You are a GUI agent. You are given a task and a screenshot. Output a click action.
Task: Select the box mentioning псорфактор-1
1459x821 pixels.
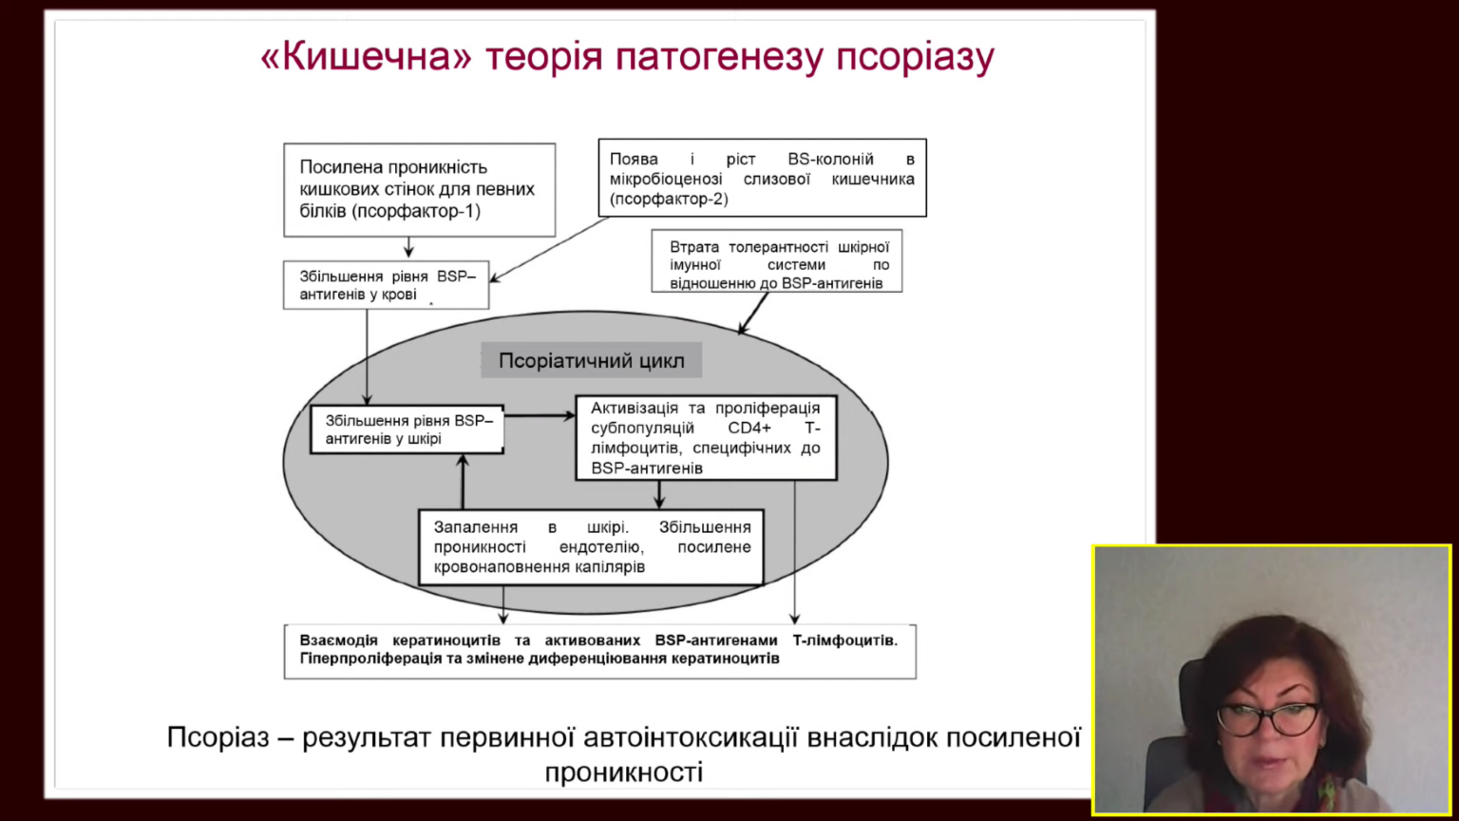click(420, 190)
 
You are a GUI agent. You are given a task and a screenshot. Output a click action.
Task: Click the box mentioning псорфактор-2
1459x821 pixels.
click(762, 178)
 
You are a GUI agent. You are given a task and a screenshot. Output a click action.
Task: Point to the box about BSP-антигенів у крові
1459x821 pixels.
click(387, 285)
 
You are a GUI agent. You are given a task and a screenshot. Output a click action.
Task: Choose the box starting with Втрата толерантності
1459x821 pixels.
click(777, 260)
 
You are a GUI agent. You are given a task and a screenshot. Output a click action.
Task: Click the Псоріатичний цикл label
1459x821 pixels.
click(592, 360)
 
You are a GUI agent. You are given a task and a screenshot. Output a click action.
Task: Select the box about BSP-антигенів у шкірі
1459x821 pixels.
click(407, 430)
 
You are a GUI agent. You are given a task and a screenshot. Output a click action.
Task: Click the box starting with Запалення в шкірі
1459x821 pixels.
click(592, 547)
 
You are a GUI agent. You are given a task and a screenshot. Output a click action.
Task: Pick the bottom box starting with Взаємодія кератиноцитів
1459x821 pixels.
click(600, 652)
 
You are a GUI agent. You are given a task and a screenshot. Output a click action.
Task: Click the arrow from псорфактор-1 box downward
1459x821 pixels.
click(409, 247)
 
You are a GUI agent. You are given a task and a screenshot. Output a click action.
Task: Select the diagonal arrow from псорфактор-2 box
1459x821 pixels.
click(549, 250)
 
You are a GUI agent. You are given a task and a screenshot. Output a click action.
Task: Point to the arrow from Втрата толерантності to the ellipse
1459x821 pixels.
click(753, 314)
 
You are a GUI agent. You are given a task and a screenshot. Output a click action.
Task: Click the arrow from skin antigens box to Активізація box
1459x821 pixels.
click(540, 415)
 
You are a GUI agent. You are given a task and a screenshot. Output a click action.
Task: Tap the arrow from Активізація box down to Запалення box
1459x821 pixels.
click(659, 494)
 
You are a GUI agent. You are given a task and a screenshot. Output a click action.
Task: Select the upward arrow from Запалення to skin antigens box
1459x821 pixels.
click(463, 482)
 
